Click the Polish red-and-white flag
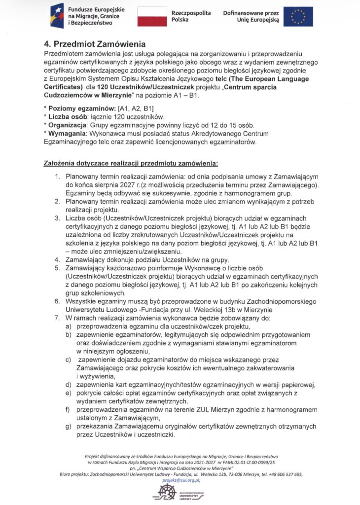pos(151,16)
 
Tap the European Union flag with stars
pos(298,16)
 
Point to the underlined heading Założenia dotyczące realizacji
pos(130,163)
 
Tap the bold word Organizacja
pos(68,125)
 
